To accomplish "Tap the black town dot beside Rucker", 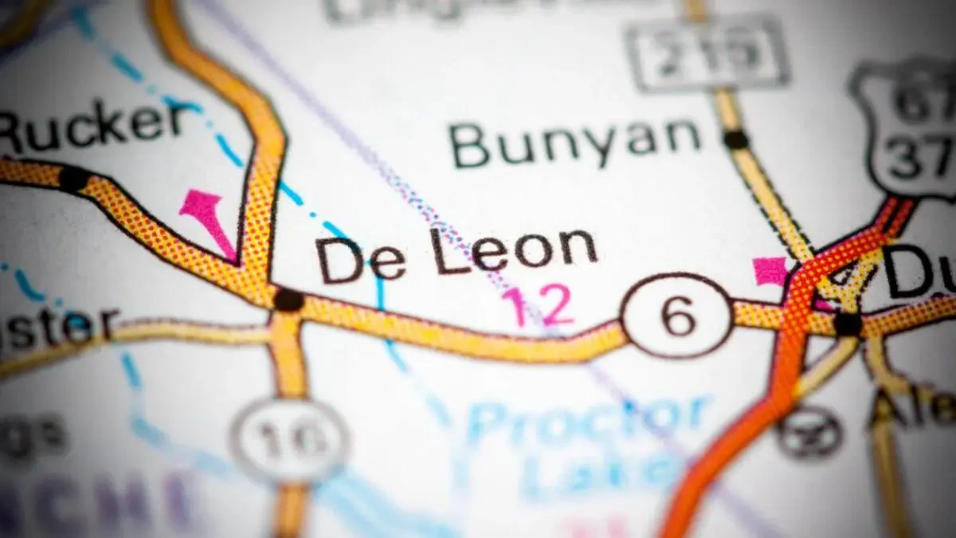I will [73, 178].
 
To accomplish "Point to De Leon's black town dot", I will [288, 300].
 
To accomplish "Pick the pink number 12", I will [538, 305].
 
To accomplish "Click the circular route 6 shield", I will [677, 316].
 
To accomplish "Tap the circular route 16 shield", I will [290, 439].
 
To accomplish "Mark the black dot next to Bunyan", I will [735, 139].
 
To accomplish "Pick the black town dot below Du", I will [848, 324].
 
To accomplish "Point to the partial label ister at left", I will [56, 327].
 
